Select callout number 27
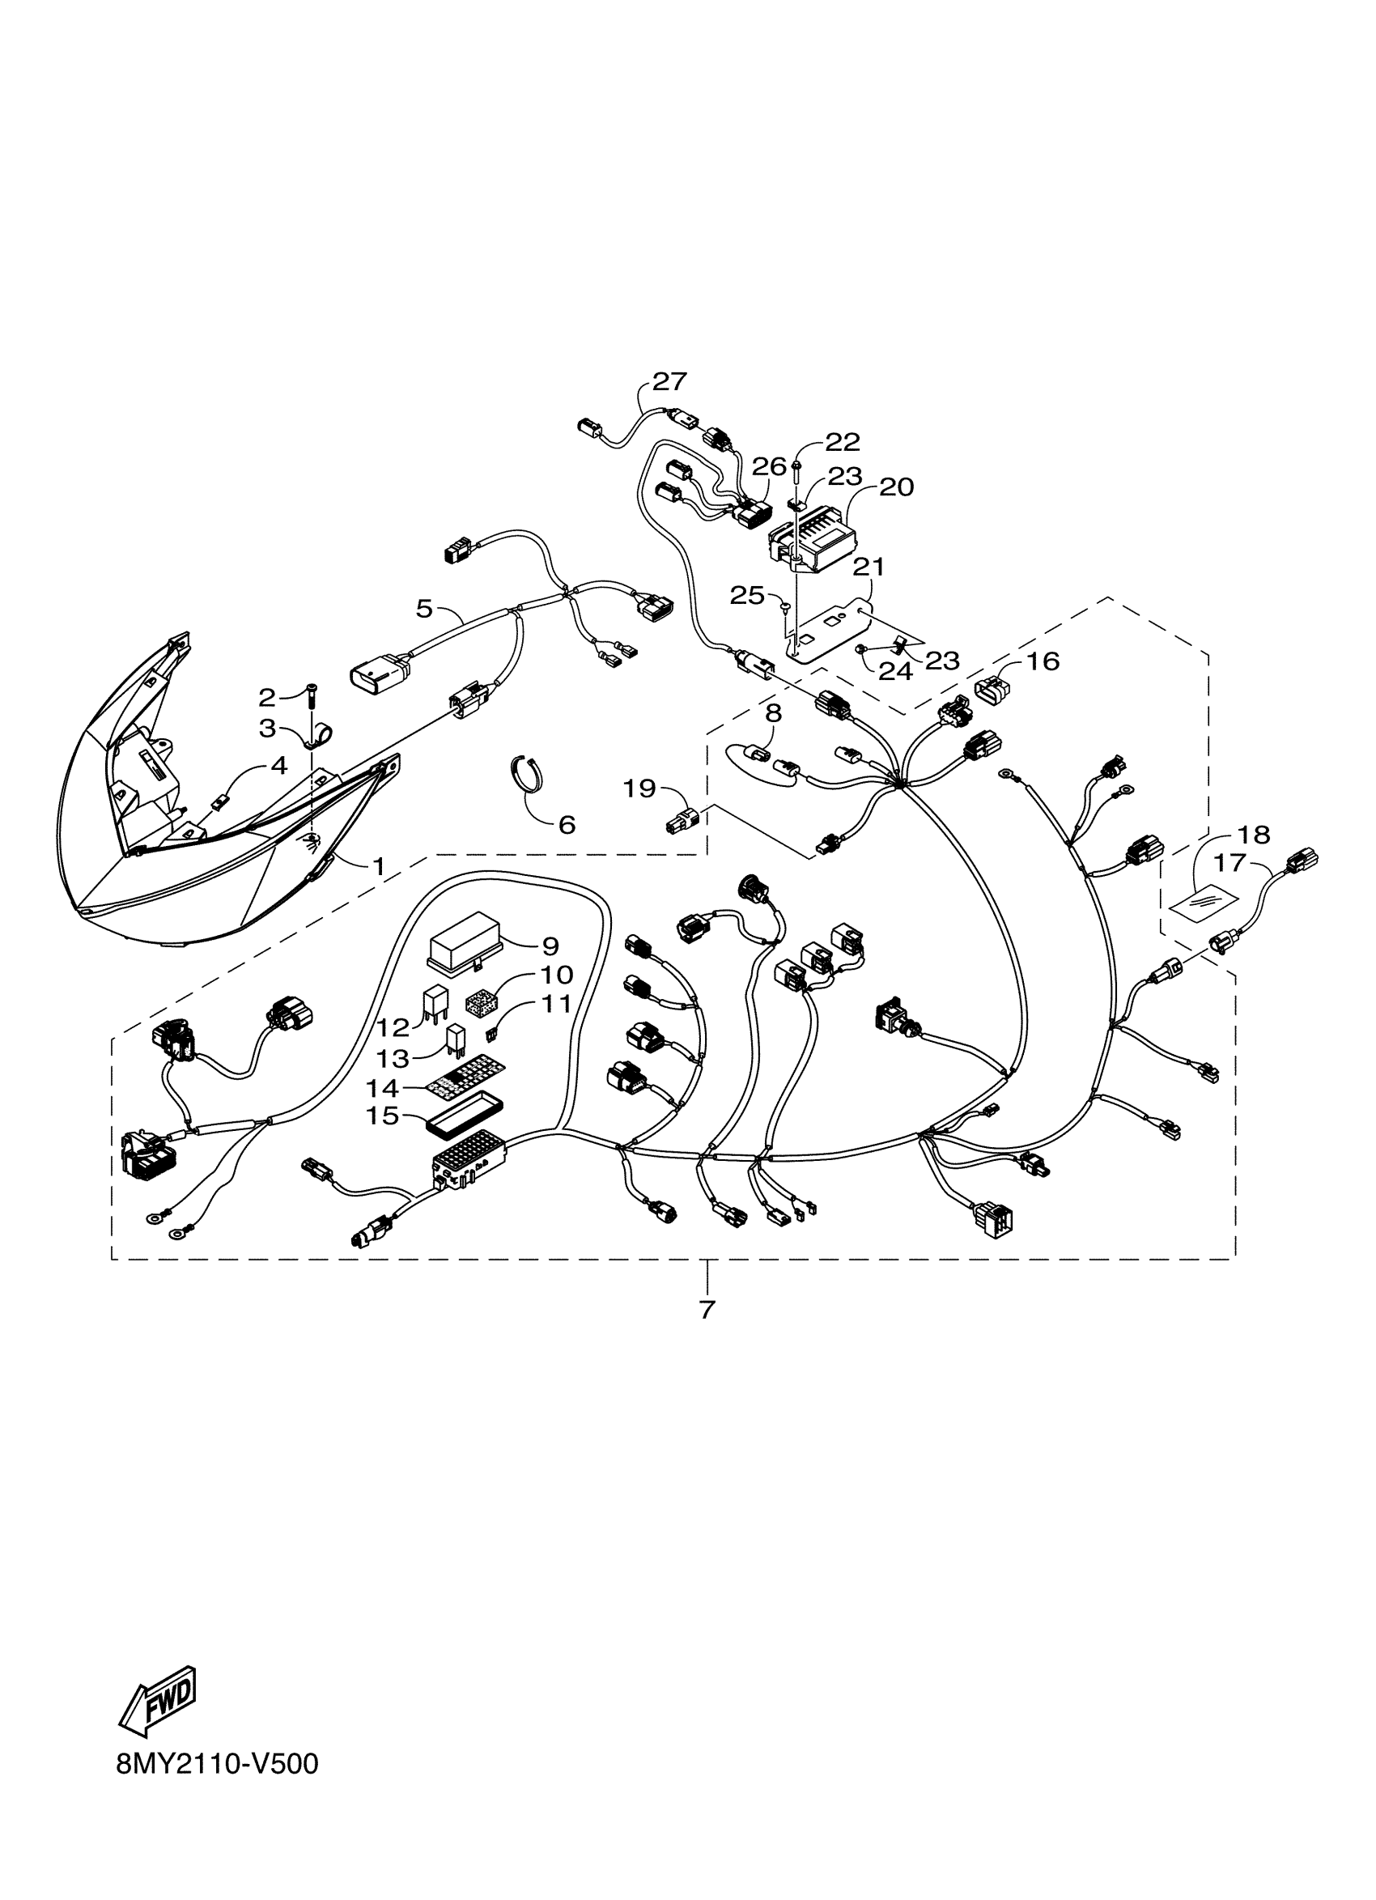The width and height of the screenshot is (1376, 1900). (669, 382)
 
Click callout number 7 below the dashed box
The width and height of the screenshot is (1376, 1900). (707, 1308)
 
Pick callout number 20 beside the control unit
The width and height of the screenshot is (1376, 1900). (896, 487)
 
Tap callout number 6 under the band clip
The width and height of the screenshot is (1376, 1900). (567, 824)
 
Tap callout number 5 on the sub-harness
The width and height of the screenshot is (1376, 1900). (425, 608)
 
